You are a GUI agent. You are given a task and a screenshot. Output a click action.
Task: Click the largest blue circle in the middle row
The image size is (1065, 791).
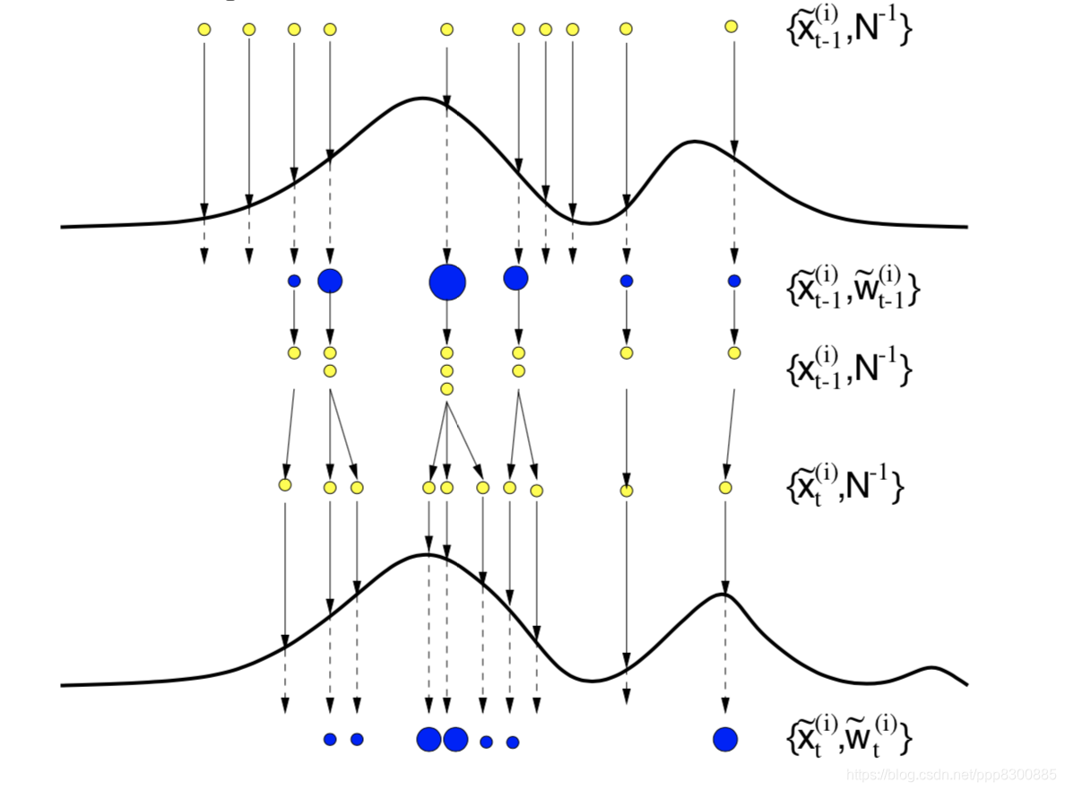(x=447, y=282)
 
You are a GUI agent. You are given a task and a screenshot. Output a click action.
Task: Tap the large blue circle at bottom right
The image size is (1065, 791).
(x=725, y=739)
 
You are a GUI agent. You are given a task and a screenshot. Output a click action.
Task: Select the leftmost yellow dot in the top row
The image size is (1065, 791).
(x=204, y=30)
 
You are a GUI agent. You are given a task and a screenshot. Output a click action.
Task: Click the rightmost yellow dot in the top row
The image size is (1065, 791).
(x=732, y=27)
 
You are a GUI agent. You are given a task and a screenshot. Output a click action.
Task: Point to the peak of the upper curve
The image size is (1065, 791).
(x=423, y=98)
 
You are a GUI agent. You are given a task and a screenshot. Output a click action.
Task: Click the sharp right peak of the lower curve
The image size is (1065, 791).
(x=723, y=595)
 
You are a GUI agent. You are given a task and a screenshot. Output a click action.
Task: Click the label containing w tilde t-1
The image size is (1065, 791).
(x=852, y=285)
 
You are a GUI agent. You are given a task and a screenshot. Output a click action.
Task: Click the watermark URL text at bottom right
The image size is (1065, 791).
(x=952, y=774)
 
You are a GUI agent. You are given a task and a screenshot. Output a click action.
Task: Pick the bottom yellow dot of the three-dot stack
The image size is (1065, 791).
(x=446, y=388)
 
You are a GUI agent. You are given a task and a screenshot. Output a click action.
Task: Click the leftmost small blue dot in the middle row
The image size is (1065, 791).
(x=294, y=281)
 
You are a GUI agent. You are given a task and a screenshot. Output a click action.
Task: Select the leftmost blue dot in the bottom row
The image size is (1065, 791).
(x=330, y=739)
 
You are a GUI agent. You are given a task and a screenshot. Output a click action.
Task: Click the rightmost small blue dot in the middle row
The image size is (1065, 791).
(x=734, y=281)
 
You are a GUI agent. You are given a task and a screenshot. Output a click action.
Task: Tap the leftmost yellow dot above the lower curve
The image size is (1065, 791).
(x=285, y=485)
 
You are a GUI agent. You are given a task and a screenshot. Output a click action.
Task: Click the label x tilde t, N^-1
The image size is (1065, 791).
(x=844, y=484)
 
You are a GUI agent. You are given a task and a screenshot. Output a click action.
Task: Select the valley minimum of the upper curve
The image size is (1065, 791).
(x=587, y=222)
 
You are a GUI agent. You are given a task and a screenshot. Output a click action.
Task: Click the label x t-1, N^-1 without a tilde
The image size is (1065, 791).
(x=848, y=367)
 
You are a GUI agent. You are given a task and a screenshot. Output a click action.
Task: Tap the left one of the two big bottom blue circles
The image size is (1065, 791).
(x=429, y=739)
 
